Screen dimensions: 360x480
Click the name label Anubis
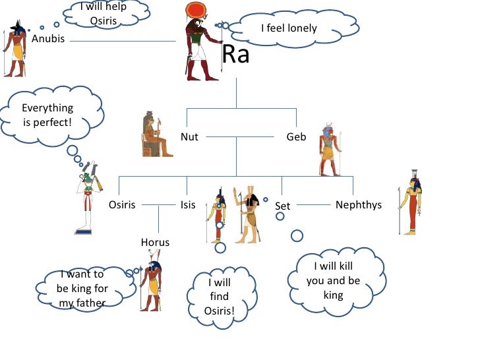coord(48,38)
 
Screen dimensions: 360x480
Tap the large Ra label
coord(235,55)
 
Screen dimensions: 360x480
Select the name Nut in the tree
coord(189,137)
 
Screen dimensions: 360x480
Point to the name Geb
coord(295,137)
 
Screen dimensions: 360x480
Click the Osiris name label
coord(122,204)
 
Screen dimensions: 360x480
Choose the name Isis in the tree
coord(188,204)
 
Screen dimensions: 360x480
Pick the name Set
coord(282,206)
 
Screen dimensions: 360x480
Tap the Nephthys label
coord(358,204)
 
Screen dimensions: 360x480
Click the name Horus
coord(155,242)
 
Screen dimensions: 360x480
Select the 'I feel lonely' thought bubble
coord(289,28)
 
